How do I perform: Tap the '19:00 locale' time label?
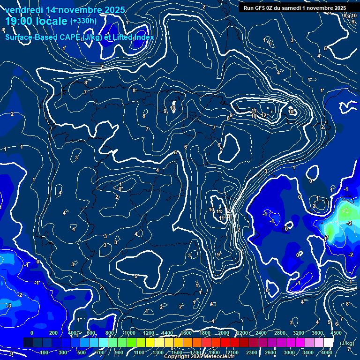point(36,21)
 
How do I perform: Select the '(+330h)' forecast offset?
point(83,21)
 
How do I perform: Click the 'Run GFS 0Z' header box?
point(294,8)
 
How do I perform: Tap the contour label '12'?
point(264,115)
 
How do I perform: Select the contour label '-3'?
point(8,306)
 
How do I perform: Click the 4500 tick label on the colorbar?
point(336,333)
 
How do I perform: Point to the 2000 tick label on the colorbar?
point(223,333)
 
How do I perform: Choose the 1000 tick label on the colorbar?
point(129,333)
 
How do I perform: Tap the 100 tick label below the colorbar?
point(45,352)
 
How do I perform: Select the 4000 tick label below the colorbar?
point(327,352)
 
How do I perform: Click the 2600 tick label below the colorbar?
point(270,352)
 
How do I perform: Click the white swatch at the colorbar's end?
point(329,343)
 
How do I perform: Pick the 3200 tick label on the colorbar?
point(298,333)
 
